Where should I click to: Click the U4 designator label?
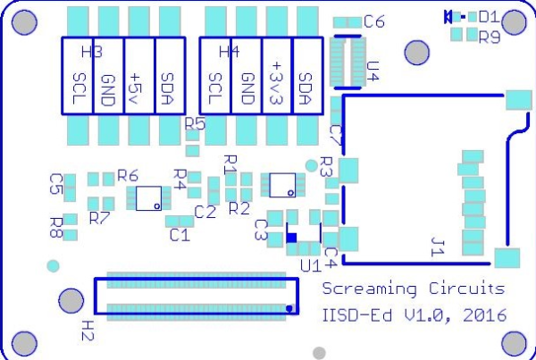[373, 71]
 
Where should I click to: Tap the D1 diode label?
[489, 16]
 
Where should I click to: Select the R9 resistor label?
[489, 38]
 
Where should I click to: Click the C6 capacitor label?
[374, 21]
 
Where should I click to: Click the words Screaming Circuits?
[413, 289]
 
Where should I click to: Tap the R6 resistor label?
[128, 176]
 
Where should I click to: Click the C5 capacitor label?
[55, 184]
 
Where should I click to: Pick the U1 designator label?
[310, 265]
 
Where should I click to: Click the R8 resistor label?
[55, 225]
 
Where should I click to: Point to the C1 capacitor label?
[179, 236]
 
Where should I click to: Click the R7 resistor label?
[99, 217]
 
